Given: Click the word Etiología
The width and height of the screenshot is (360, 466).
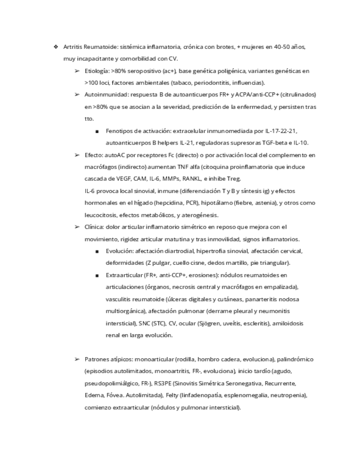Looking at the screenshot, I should [x=97, y=71].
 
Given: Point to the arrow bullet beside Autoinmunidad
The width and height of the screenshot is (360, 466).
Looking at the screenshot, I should [x=77, y=95].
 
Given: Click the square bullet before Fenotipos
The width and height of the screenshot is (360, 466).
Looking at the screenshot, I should [x=97, y=131].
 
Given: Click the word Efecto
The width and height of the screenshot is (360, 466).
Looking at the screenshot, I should [x=93, y=155].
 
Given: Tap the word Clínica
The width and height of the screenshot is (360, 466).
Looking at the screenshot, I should [x=95, y=227].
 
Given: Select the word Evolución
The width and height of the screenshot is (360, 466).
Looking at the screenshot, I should [x=120, y=251].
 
